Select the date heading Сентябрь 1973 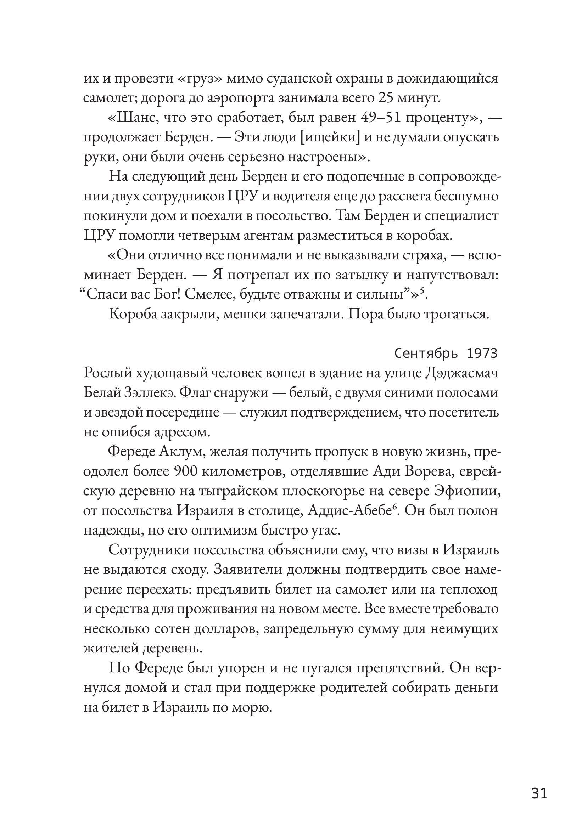click(x=446, y=353)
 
